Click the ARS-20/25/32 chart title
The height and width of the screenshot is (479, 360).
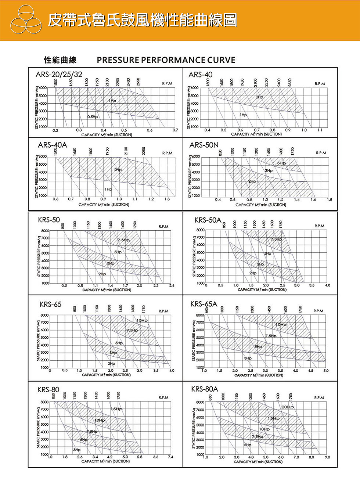[59, 75]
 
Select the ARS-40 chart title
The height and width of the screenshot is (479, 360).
[200, 75]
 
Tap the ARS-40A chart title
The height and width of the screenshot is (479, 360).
[53, 145]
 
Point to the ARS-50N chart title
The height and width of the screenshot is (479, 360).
[204, 145]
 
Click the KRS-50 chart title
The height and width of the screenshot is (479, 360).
[49, 220]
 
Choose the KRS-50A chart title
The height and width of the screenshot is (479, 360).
[208, 220]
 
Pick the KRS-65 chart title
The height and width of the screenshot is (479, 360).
[51, 304]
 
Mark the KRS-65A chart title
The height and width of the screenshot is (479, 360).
[204, 304]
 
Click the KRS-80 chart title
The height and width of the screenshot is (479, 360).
[48, 389]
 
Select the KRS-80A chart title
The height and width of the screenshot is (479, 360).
[205, 389]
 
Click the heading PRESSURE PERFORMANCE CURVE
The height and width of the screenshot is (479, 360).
[166, 60]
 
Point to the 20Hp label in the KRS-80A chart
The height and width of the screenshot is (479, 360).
[288, 407]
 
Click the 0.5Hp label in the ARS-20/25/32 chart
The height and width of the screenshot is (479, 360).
[93, 117]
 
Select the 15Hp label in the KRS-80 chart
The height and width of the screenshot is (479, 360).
[116, 409]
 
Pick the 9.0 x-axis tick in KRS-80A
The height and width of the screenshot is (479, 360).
[327, 457]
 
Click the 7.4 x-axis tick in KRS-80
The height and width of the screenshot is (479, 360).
[170, 457]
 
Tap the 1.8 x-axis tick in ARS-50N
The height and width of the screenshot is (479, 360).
[330, 199]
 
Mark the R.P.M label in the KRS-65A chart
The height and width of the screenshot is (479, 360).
[318, 311]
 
